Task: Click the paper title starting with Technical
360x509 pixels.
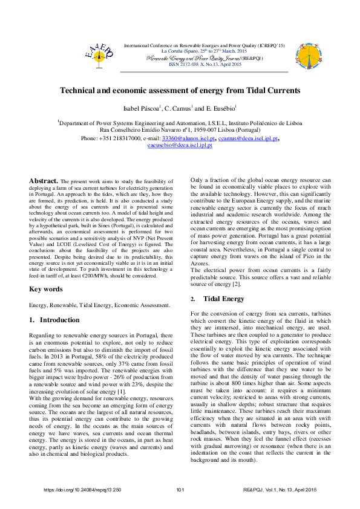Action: (180, 90)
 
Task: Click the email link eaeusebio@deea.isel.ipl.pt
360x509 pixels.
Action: (180, 146)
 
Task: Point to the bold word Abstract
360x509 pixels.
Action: (44, 180)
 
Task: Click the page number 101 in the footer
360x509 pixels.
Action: (180, 490)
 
